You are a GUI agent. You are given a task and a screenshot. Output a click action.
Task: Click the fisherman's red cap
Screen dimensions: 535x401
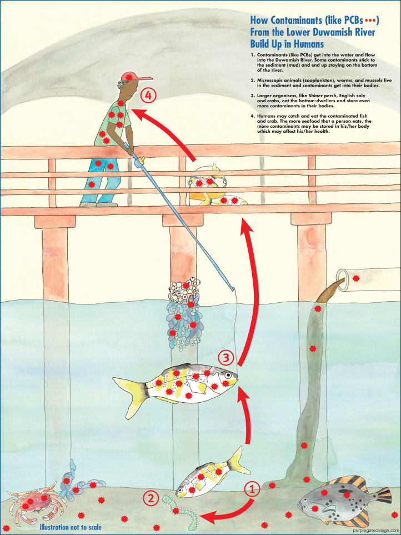132,77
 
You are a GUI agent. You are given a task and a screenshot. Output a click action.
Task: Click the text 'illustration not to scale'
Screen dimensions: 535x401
70,527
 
